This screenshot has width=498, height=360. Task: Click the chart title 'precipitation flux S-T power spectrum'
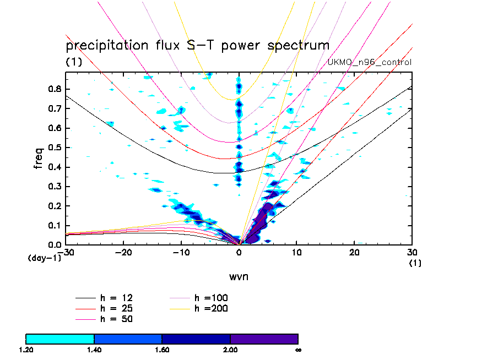[x=197, y=45]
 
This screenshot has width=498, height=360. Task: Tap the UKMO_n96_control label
[x=369, y=62]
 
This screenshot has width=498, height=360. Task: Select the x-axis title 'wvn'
[x=239, y=276]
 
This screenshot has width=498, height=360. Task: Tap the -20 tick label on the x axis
[x=122, y=252]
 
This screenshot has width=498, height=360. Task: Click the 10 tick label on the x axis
[x=297, y=252]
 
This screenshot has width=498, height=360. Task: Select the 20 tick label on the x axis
[x=355, y=252]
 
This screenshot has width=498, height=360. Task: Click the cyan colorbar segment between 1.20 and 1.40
[x=60, y=339]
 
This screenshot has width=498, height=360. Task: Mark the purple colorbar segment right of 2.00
[x=264, y=339]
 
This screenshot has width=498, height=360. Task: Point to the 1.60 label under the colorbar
[x=162, y=349]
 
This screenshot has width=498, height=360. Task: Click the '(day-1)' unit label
[x=44, y=258]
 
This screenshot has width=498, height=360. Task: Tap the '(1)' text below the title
[x=74, y=62]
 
